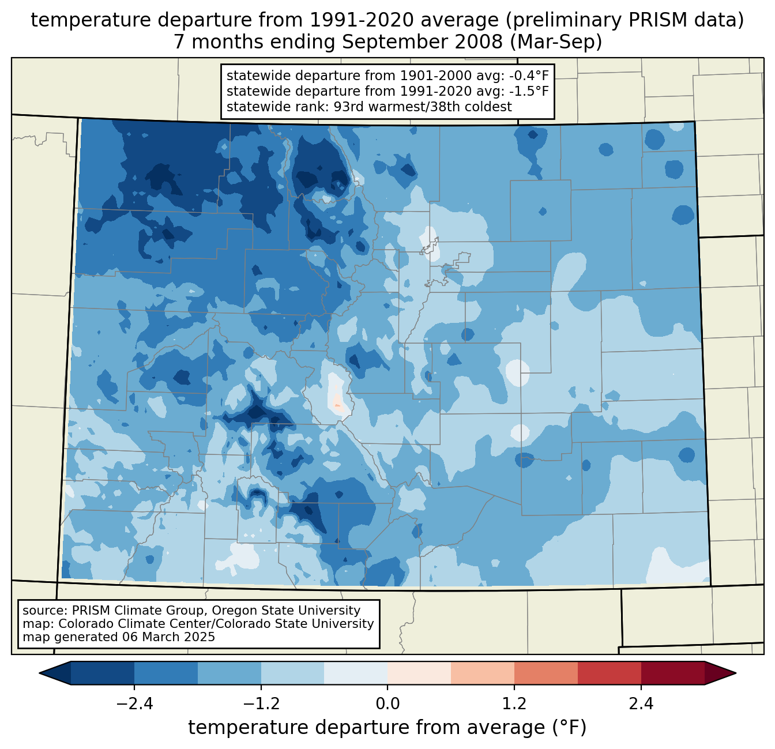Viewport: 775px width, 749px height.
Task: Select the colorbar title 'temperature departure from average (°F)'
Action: pos(387,728)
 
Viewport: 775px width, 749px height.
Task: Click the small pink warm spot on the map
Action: pos(338,402)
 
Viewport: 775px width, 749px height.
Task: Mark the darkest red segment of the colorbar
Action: pos(672,673)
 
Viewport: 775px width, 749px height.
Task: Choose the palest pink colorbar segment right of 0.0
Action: pos(419,673)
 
